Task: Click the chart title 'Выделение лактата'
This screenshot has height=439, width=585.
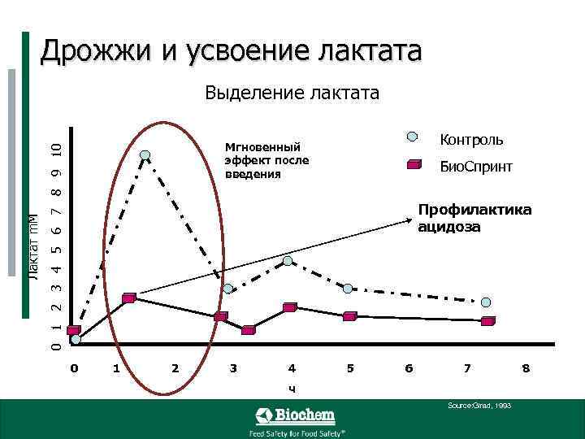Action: pyautogui.click(x=292, y=93)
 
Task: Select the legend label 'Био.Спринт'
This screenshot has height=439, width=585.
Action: pyautogui.click(x=476, y=167)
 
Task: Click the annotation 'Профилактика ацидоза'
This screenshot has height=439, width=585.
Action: pyautogui.click(x=474, y=218)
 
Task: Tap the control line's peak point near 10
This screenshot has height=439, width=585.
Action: pyautogui.click(x=145, y=155)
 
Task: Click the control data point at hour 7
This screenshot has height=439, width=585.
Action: pyautogui.click(x=486, y=302)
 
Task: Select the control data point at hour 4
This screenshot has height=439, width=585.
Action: pyautogui.click(x=288, y=261)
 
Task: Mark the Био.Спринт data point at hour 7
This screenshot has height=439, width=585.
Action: pyautogui.click(x=487, y=321)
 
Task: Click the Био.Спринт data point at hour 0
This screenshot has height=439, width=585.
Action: pyautogui.click(x=74, y=331)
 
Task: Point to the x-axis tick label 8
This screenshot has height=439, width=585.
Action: pyautogui.click(x=526, y=368)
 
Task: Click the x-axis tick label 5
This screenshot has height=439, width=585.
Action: pyautogui.click(x=350, y=368)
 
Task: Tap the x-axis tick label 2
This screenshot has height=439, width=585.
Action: pyautogui.click(x=175, y=368)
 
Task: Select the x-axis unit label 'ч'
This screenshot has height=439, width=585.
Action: pyautogui.click(x=292, y=387)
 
